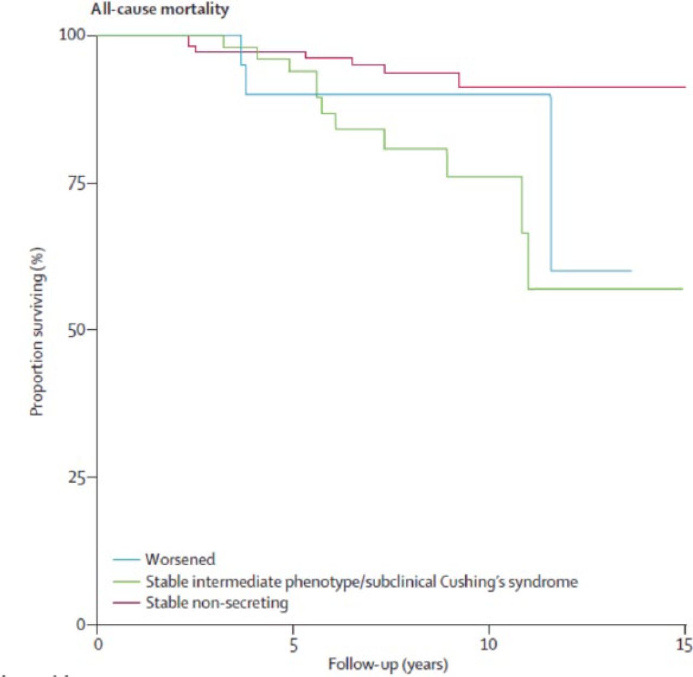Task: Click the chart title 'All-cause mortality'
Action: point(160,9)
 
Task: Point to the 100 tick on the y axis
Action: point(72,35)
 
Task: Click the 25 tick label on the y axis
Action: point(77,478)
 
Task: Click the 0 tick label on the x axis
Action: point(97,645)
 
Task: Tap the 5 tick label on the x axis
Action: point(293,645)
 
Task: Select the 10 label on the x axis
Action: point(488,645)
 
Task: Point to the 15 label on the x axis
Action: point(684,645)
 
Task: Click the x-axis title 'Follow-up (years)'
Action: point(388,664)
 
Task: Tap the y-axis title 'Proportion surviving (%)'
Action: point(37,331)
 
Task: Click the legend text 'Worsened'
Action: point(180,559)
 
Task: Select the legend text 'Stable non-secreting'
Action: point(217,603)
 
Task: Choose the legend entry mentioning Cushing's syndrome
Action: point(361,582)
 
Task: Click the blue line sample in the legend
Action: point(126,559)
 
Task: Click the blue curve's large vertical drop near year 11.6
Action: point(551,184)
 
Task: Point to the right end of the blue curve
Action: point(631,270)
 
